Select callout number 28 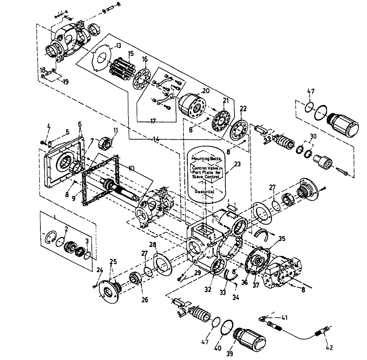click(x=152, y=245)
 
